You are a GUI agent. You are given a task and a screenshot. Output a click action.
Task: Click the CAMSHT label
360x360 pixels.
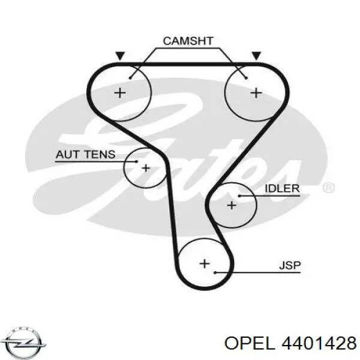coord(188,41)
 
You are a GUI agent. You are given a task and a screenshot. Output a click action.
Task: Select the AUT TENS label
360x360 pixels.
coord(85,155)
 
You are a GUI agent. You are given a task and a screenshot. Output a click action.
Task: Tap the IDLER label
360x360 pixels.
coord(281,188)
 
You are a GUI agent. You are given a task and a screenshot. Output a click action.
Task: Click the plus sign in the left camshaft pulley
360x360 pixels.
coord(121,92)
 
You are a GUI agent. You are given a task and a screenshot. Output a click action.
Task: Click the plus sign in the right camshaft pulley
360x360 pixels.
coord(256,92)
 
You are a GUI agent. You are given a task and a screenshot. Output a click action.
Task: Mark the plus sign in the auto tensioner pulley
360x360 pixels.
coord(146,168)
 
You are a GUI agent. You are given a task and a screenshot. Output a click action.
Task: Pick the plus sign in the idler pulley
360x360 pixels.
coord(232,205)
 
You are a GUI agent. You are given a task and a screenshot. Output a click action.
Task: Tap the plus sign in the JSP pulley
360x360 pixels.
coord(204,263)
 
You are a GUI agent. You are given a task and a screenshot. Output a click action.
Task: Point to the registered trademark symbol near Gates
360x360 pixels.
coord(328,188)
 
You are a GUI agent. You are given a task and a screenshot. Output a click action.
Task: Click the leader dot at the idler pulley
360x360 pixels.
coord(239,196)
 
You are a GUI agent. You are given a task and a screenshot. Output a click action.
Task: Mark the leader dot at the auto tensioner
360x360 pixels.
coord(137,161)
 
